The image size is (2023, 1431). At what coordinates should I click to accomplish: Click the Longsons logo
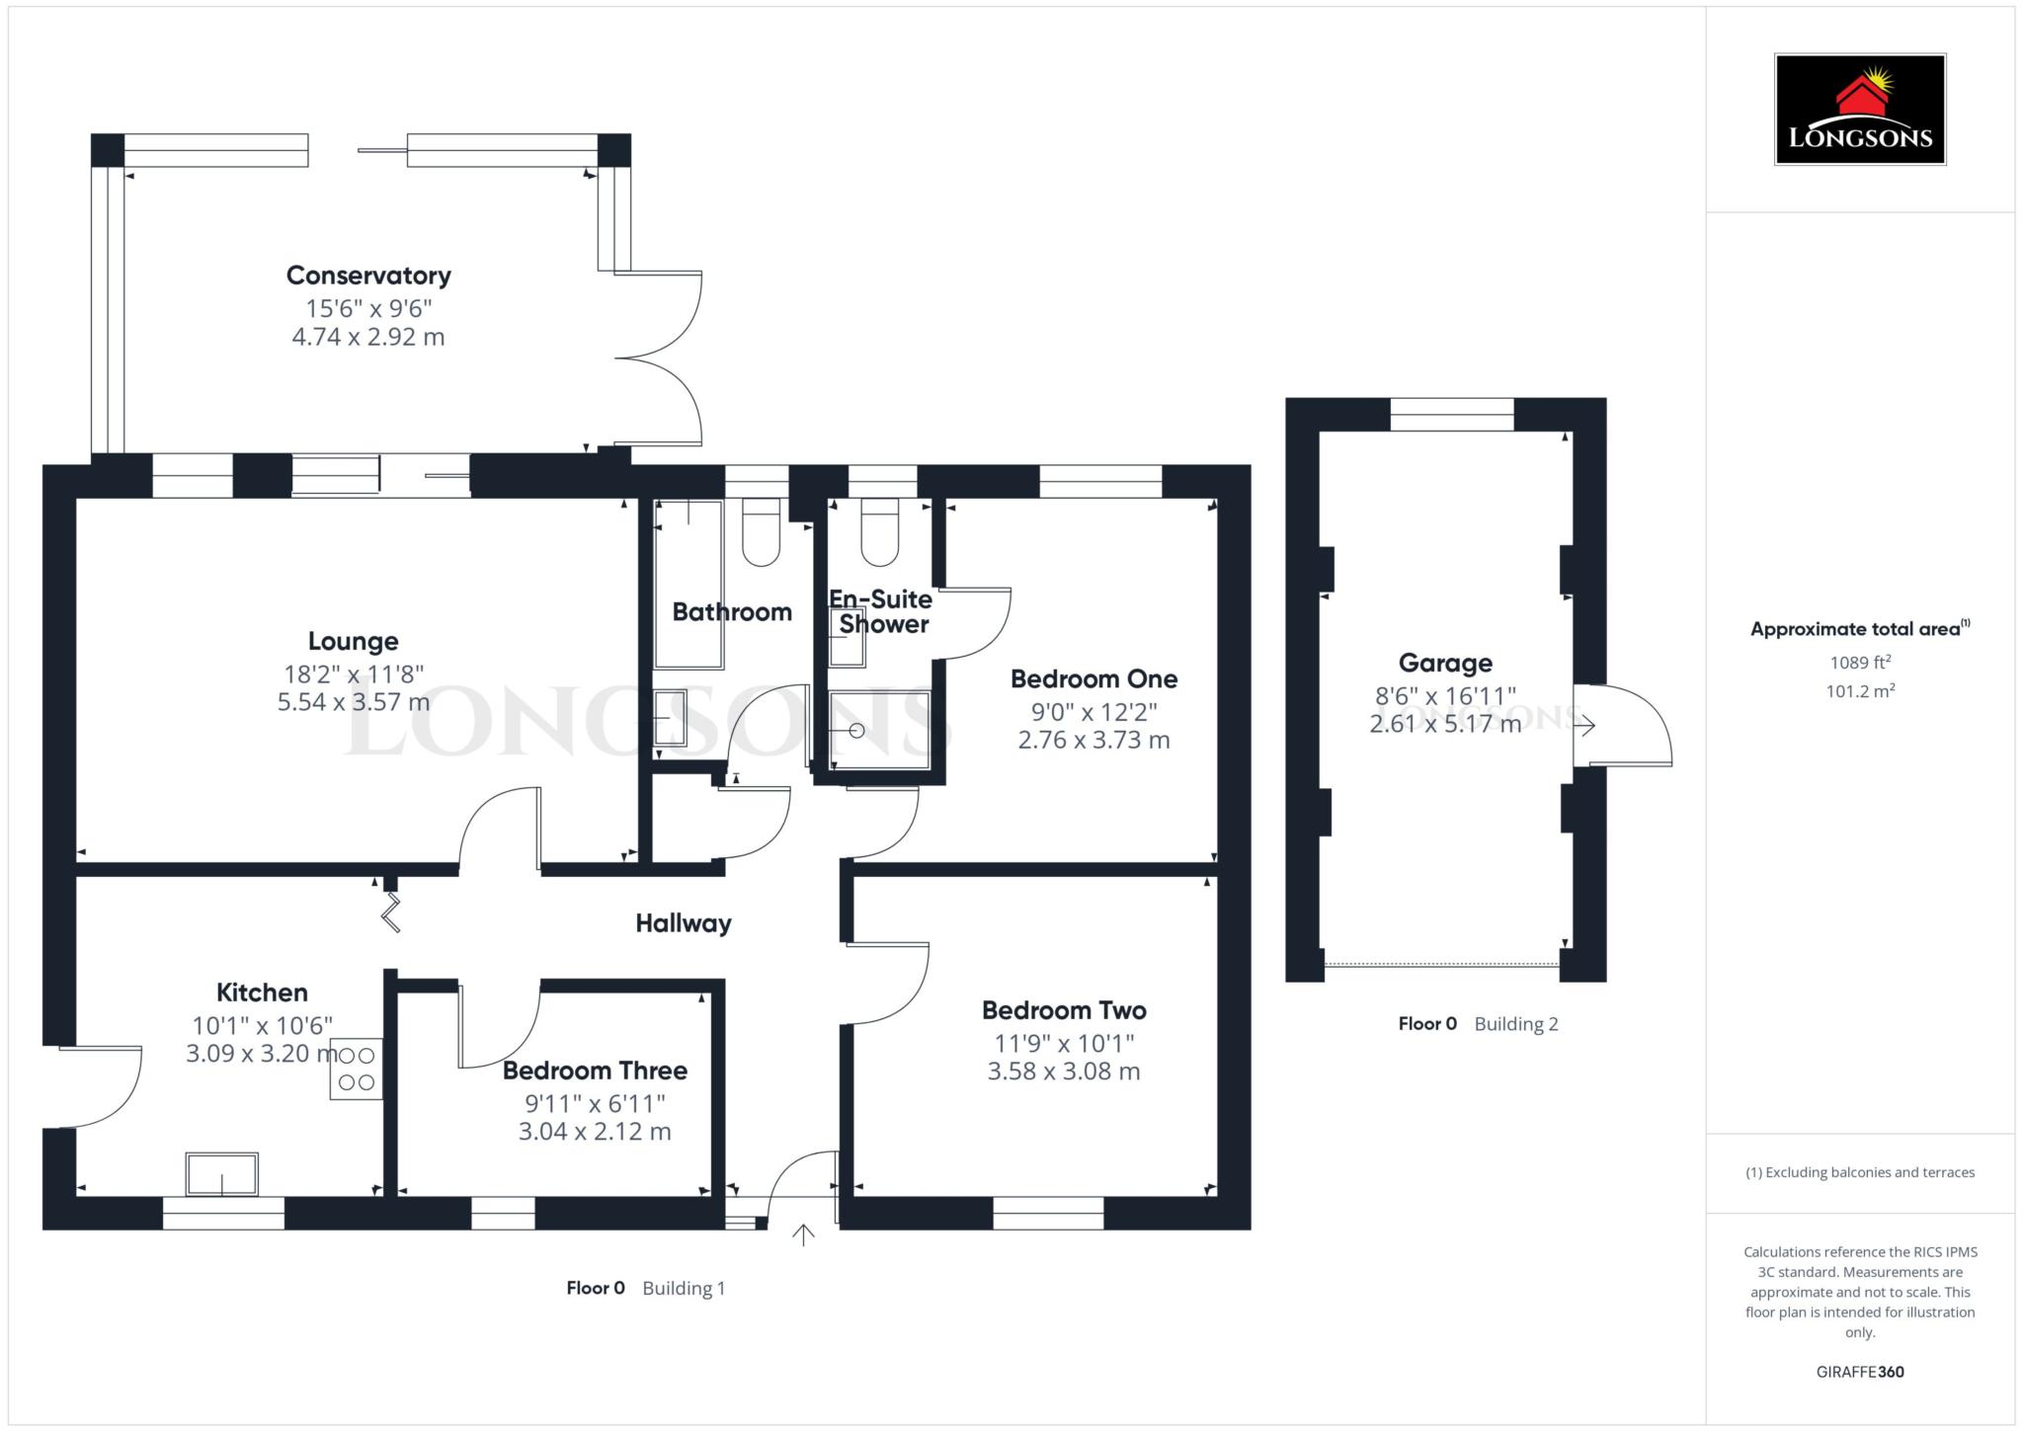tap(1859, 110)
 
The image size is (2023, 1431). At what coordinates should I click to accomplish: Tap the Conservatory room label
tap(368, 276)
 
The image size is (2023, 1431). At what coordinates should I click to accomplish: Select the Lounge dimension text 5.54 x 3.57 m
tap(353, 702)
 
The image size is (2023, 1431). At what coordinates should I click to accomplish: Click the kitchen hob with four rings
tap(357, 1069)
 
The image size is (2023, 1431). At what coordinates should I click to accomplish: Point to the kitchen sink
tap(222, 1173)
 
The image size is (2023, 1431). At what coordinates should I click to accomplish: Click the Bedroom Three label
tap(595, 1071)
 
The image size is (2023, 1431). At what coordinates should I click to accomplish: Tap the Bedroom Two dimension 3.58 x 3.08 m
tap(1064, 1072)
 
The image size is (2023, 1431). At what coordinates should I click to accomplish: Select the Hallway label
tap(684, 923)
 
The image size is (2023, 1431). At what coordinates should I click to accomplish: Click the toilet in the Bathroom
tap(761, 533)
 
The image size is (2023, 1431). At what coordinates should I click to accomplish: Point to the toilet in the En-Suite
tap(879, 533)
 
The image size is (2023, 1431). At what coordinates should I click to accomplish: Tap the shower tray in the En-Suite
tap(879, 730)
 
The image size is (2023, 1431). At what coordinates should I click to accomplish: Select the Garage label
tap(1445, 663)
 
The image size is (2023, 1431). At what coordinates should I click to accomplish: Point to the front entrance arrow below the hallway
tap(803, 1234)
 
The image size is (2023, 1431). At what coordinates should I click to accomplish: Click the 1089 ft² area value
tap(1859, 663)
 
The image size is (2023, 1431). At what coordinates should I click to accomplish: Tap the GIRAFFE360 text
tap(1859, 1372)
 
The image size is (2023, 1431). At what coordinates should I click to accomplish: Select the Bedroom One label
tap(1093, 679)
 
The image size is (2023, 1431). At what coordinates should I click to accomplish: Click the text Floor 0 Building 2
tap(1478, 1024)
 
